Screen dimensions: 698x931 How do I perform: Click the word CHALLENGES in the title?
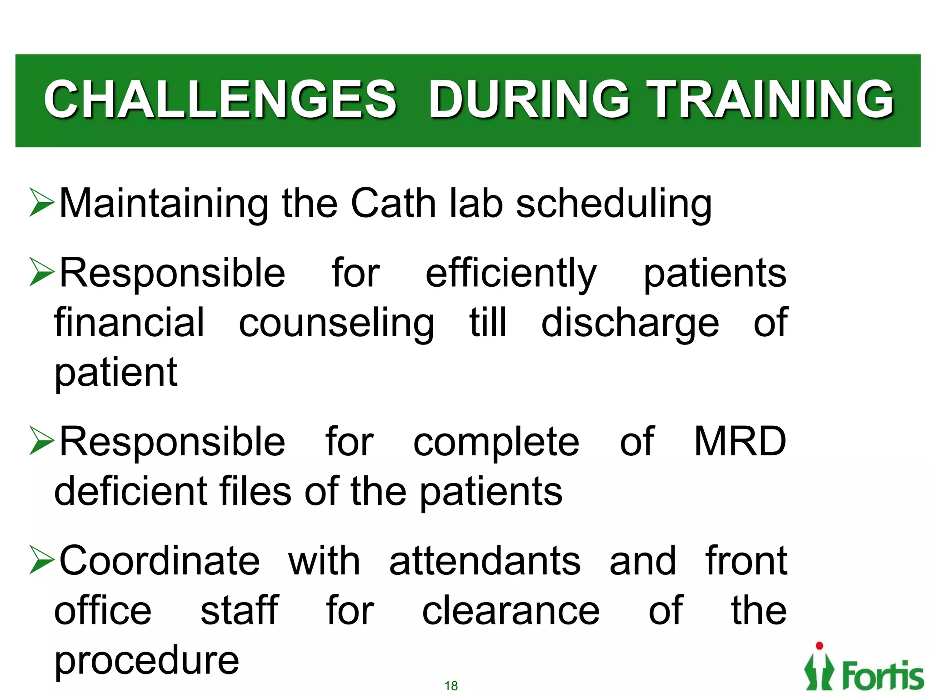pos(220,99)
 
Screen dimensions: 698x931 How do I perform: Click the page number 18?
pos(451,686)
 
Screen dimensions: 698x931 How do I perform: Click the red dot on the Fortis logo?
pos(820,646)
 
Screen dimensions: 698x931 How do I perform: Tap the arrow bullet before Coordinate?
pos(41,560)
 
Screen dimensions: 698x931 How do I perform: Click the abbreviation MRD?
pos(740,442)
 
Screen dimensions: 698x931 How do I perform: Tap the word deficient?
pos(130,491)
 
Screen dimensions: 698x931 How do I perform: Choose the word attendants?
pos(485,561)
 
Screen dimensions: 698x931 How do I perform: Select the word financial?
pos(129,323)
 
